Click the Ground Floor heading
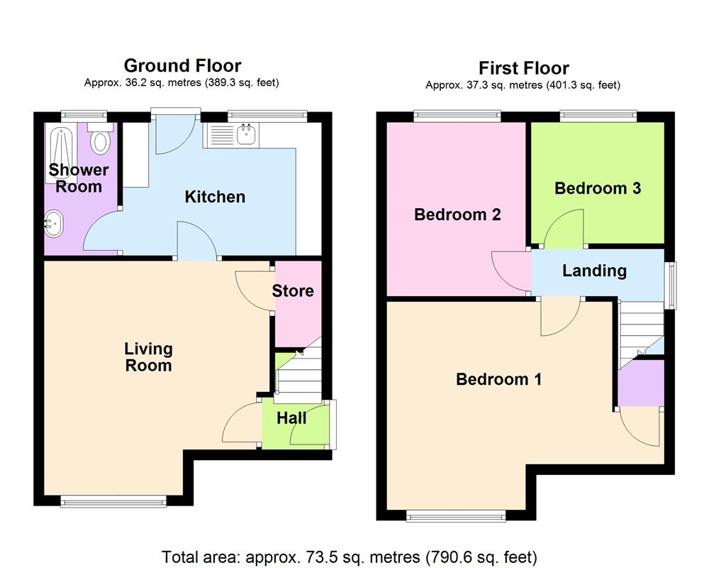[x=182, y=66]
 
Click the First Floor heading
[x=523, y=68]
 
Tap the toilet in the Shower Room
[x=101, y=141]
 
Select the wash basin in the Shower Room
[x=53, y=225]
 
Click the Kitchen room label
[x=215, y=197]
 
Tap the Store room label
[x=293, y=291]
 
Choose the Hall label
[x=291, y=418]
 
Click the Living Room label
[x=148, y=357]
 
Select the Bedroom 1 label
[x=498, y=379]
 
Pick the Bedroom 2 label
[x=457, y=214]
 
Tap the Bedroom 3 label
[x=598, y=188]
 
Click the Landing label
[x=594, y=271]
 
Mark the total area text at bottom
[x=350, y=557]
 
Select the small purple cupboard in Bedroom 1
[x=640, y=383]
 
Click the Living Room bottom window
[x=113, y=501]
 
